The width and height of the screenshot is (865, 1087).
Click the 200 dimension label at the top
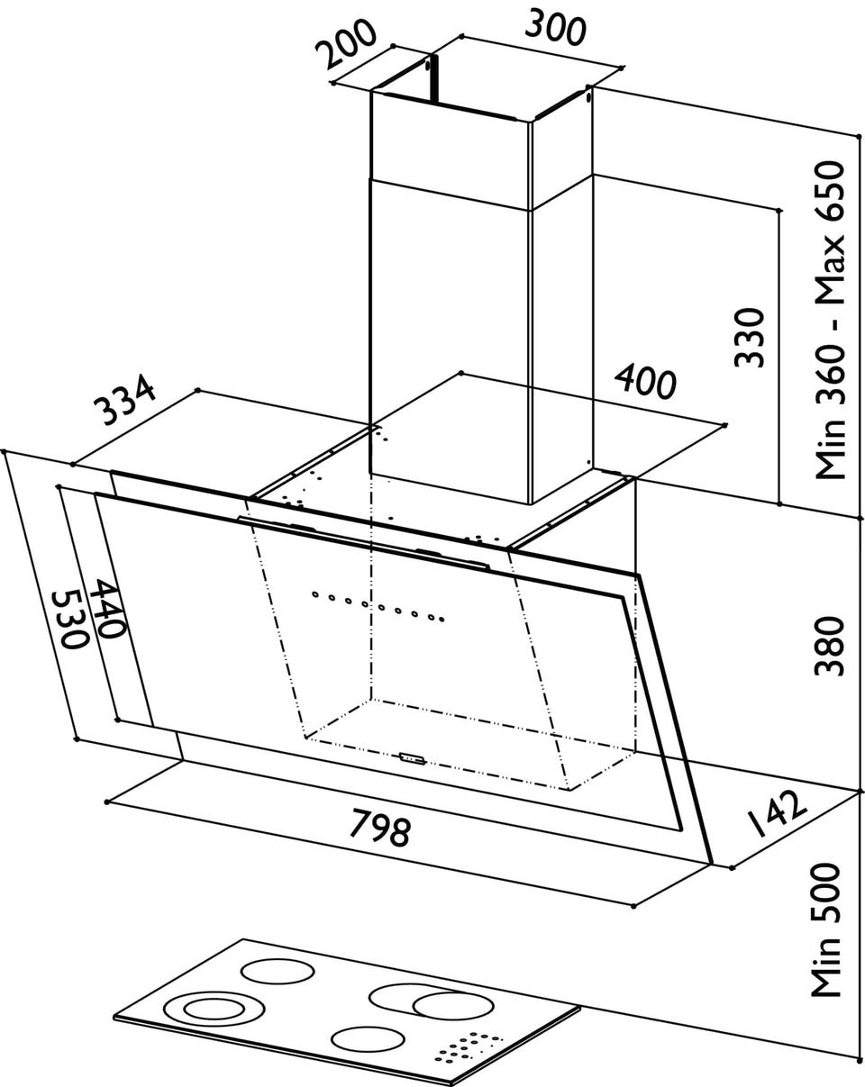[x=346, y=43]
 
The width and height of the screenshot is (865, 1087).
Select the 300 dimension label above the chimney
[x=556, y=29]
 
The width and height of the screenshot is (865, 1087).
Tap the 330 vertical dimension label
[x=750, y=337]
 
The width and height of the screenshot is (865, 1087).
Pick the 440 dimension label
[x=107, y=609]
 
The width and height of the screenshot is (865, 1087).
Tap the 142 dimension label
[x=776, y=813]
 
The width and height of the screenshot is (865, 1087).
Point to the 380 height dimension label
[x=830, y=646]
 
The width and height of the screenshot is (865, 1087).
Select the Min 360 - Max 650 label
[x=830, y=321]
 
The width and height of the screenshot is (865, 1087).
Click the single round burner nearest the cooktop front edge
[x=369, y=1042]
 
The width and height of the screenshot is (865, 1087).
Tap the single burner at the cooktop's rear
[x=278, y=972]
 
